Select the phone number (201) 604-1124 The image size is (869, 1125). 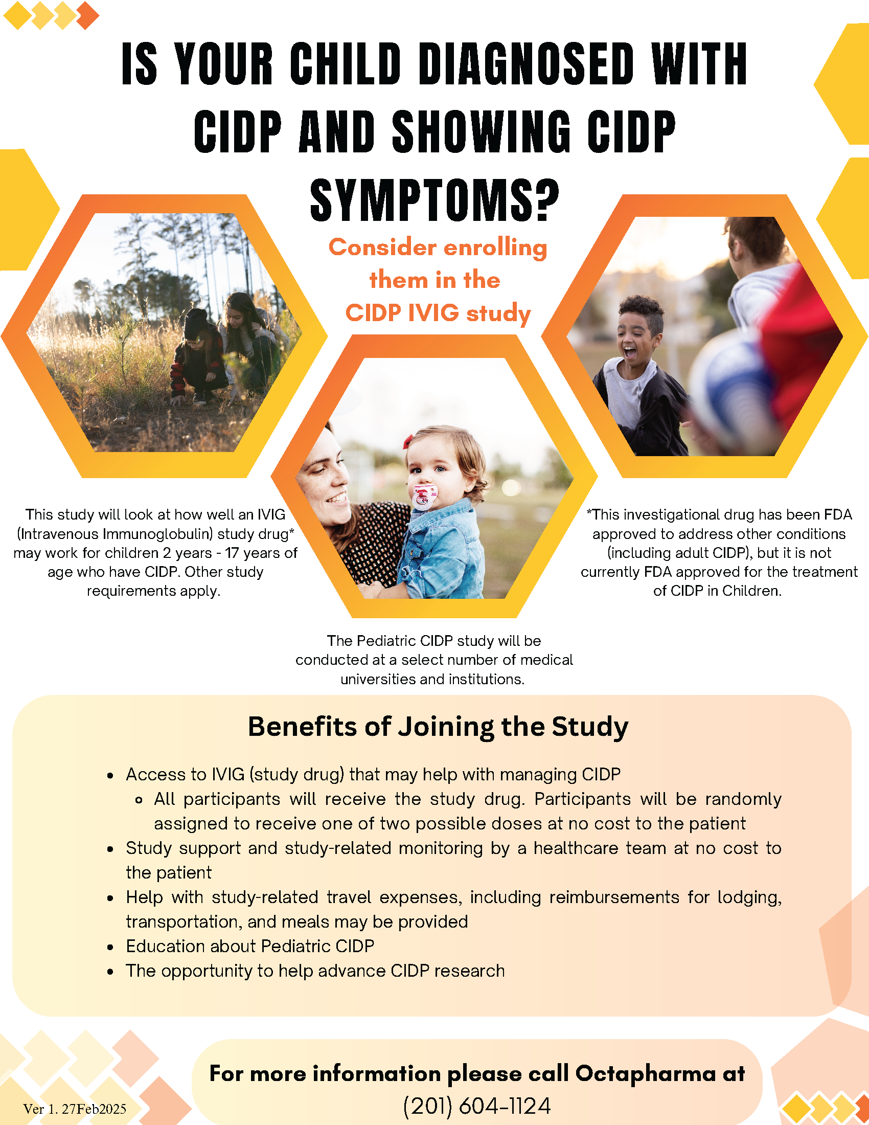[477, 1106]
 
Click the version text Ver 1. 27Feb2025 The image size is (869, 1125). [75, 1109]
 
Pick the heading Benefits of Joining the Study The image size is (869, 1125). [438, 727]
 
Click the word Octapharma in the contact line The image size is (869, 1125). [646, 1073]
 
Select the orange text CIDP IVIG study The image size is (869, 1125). [438, 313]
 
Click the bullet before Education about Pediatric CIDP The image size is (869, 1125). [110, 947]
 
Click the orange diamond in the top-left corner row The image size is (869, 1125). [87, 16]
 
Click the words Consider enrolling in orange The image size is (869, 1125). [438, 247]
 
